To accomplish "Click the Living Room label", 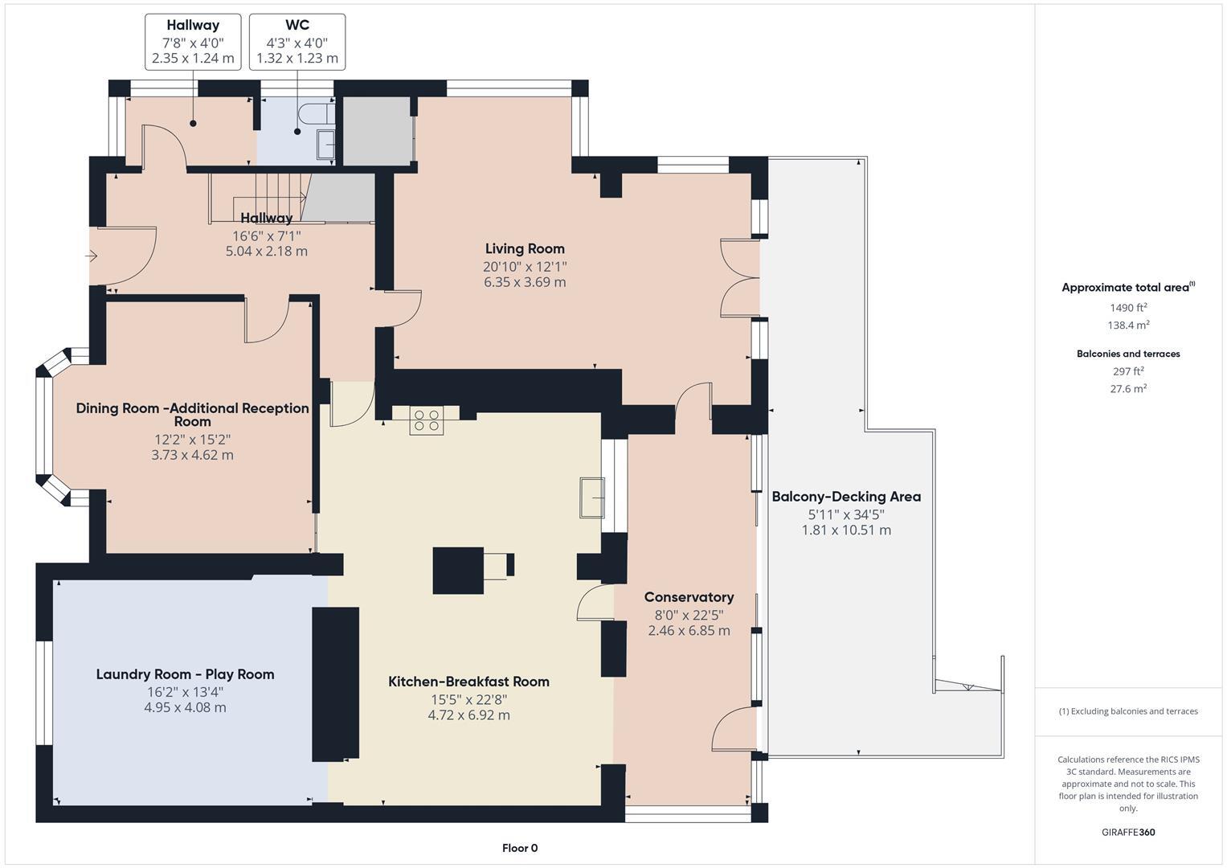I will coord(525,249).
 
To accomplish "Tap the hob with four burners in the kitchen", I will coord(426,421).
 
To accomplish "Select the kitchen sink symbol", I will coord(592,497).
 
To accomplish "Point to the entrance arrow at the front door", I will coord(92,256).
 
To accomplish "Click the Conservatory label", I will coord(689,597).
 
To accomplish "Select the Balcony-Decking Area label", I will coord(846,497).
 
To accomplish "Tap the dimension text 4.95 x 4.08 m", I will coord(185,708).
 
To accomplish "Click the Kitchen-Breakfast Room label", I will coord(468,682).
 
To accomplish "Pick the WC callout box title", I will coord(297,26).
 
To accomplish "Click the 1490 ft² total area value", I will coord(1128,307).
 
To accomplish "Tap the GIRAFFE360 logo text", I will coord(1128,832).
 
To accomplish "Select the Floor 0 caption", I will coord(520,848).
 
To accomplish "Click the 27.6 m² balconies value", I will coord(1128,388).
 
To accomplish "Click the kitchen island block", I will coord(458,570).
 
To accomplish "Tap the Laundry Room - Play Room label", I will coord(185,674).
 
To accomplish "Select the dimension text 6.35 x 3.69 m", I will coord(525,283).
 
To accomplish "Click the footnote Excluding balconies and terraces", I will coord(1128,711).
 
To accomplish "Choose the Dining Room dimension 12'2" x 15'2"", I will coord(193,440).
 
